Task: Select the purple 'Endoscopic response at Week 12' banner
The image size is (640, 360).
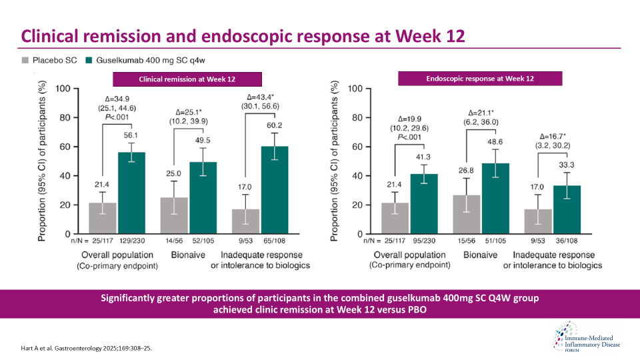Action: [480, 79]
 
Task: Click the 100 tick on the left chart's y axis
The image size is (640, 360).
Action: [62, 89]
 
